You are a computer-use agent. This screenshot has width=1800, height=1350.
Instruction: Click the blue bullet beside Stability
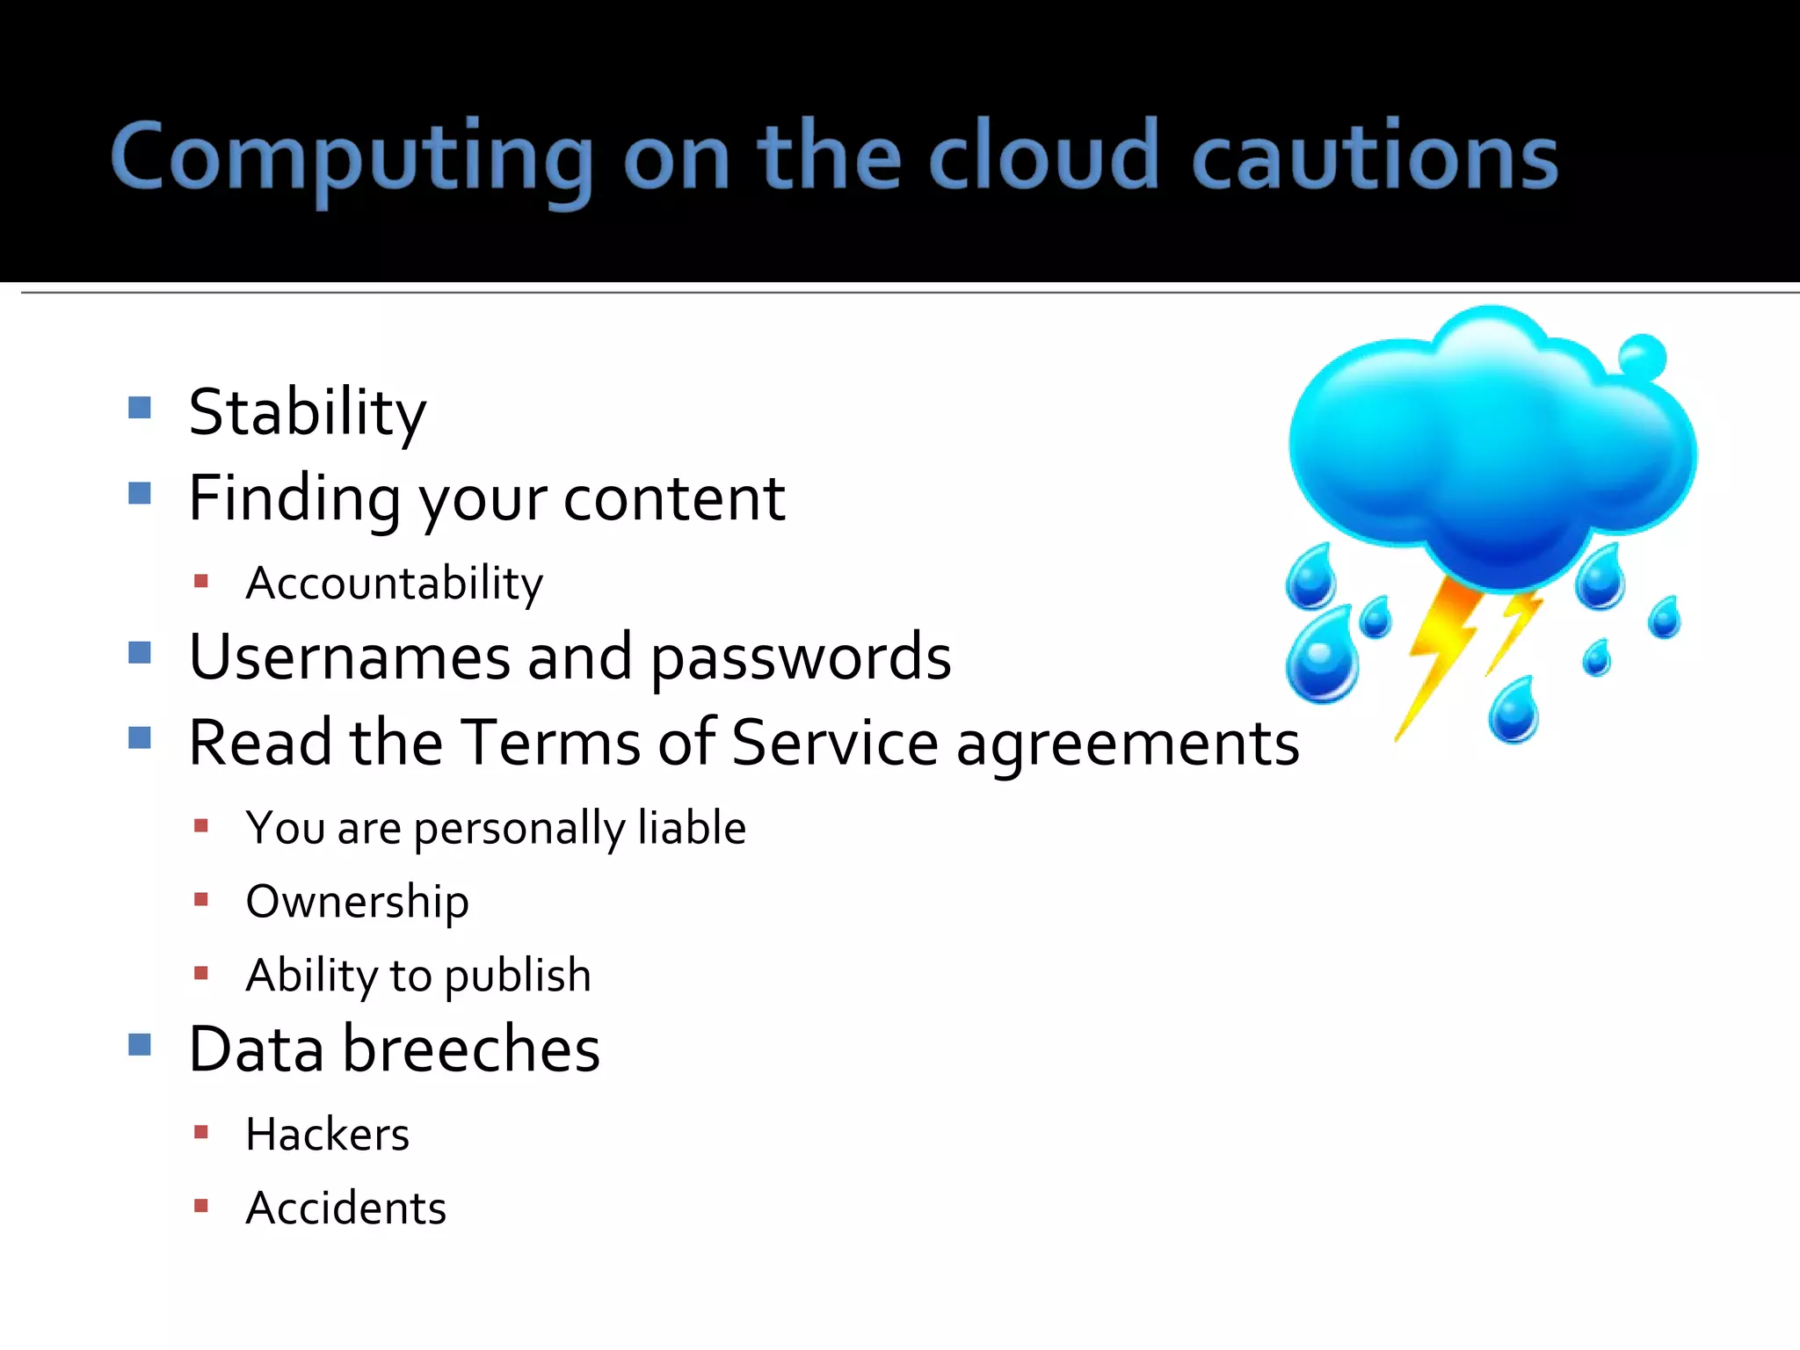pos(140,407)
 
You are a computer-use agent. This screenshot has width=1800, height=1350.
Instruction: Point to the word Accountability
pos(394,584)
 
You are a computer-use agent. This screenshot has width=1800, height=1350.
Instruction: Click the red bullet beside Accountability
pos(201,581)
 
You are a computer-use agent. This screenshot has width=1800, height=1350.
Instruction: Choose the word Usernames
pos(349,657)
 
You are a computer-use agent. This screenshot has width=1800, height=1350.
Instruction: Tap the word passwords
pos(800,659)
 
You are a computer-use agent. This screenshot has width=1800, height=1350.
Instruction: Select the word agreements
pos(1127,745)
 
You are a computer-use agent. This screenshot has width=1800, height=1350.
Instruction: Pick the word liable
pos(692,827)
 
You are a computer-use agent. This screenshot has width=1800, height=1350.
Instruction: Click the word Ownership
pos(357,902)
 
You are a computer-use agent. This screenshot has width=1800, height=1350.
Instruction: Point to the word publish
pos(518,976)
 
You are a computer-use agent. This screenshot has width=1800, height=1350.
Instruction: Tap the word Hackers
pos(327,1134)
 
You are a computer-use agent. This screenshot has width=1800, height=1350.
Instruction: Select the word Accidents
pos(345,1208)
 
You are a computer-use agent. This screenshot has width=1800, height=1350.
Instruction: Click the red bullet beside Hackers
pos(201,1132)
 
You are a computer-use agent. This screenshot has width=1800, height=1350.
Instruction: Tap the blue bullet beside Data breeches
pos(140,1044)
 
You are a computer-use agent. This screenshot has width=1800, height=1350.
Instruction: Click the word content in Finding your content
pos(673,498)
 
